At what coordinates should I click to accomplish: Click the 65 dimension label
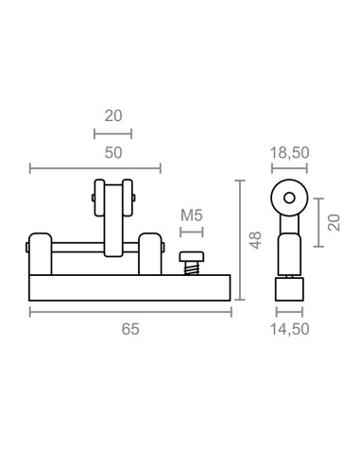[x=130, y=330]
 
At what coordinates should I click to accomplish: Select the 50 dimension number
[x=113, y=151]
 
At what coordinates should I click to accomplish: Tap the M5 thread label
[x=192, y=215]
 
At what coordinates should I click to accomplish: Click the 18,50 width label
[x=289, y=151]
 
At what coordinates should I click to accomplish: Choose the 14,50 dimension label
[x=289, y=330]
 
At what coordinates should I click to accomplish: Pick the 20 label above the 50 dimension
[x=113, y=116]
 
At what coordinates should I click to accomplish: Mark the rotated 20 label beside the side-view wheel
[x=333, y=222]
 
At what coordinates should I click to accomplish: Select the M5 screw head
[x=192, y=256]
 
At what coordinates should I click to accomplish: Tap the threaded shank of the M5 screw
[x=192, y=268]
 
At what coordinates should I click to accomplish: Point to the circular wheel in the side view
[x=288, y=199]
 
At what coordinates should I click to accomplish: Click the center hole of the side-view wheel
[x=288, y=199]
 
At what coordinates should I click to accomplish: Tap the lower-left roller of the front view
[x=39, y=252]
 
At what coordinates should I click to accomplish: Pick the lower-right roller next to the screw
[x=148, y=252]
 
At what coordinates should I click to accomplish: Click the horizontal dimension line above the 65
[x=130, y=312]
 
